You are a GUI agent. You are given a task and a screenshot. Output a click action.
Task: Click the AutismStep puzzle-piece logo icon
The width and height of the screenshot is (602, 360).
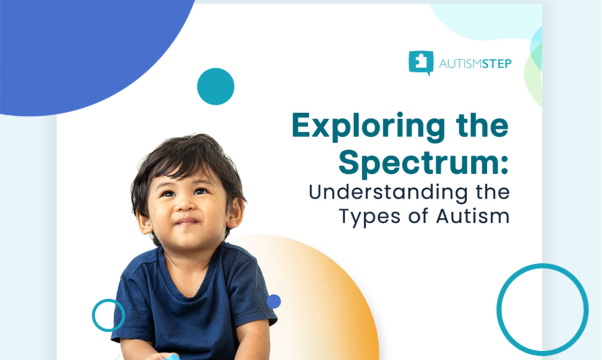pyautogui.click(x=420, y=63)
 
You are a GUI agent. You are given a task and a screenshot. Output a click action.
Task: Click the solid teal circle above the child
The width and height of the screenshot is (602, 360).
pyautogui.click(x=216, y=86)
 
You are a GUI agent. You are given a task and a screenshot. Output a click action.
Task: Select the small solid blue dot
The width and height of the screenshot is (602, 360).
pyautogui.click(x=274, y=301)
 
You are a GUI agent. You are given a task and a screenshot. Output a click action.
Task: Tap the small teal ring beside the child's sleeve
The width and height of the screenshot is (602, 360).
pyautogui.click(x=109, y=315)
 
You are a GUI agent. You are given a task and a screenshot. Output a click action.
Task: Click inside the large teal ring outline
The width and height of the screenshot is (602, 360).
pyautogui.click(x=542, y=309)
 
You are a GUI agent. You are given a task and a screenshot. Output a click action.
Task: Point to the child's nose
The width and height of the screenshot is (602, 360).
pyautogui.click(x=184, y=207)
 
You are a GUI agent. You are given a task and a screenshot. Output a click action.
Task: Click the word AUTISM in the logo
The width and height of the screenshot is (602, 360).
pyautogui.click(x=458, y=64)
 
